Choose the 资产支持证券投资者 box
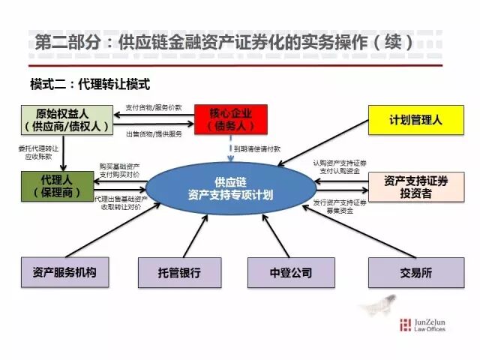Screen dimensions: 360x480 415,187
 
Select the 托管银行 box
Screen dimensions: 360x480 180,272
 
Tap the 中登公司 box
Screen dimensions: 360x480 290,272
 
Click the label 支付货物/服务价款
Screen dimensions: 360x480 154,106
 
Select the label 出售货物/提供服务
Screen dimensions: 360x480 154,133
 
